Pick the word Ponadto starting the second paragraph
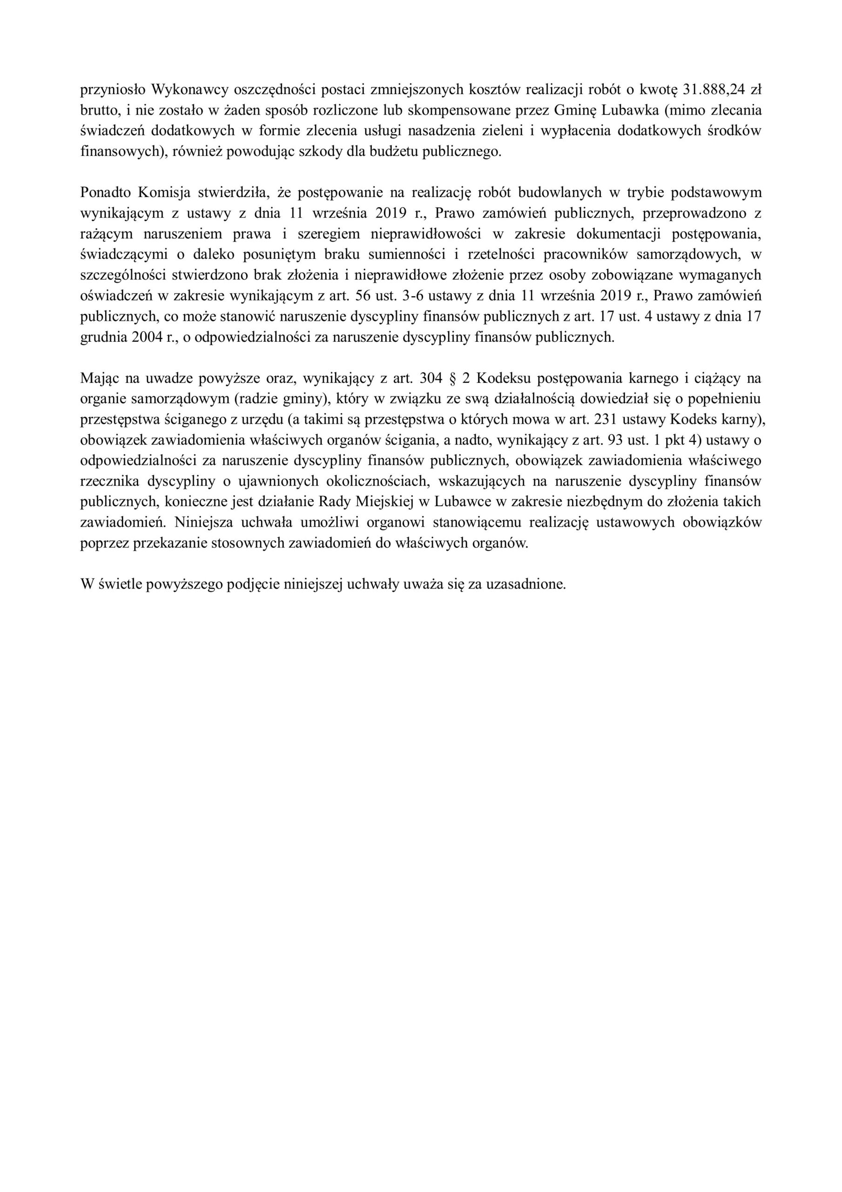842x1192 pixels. click(105, 192)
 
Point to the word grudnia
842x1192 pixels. click(100, 337)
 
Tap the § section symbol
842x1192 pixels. click(451, 378)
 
